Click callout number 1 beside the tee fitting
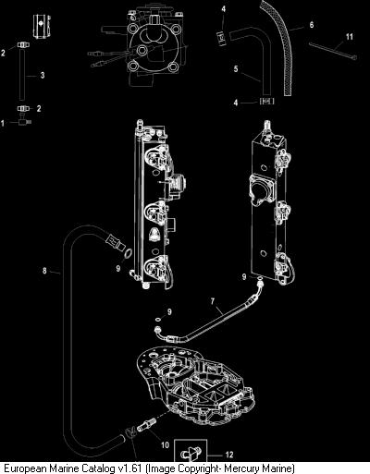pyautogui.click(x=3, y=124)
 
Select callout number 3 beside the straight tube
pyautogui.click(x=43, y=75)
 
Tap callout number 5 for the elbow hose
pyautogui.click(x=236, y=68)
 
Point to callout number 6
pyautogui.click(x=312, y=24)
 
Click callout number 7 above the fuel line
pyautogui.click(x=213, y=301)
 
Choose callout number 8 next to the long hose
pyautogui.click(x=45, y=271)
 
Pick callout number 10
pyautogui.click(x=166, y=444)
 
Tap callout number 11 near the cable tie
pyautogui.click(x=349, y=37)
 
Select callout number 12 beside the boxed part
pyautogui.click(x=229, y=455)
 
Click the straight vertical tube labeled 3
pyautogui.click(x=22, y=75)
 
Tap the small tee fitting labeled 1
pyautogui.click(x=25, y=121)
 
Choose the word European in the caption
pyautogui.click(x=25, y=468)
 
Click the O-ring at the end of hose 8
pyautogui.click(x=129, y=253)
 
